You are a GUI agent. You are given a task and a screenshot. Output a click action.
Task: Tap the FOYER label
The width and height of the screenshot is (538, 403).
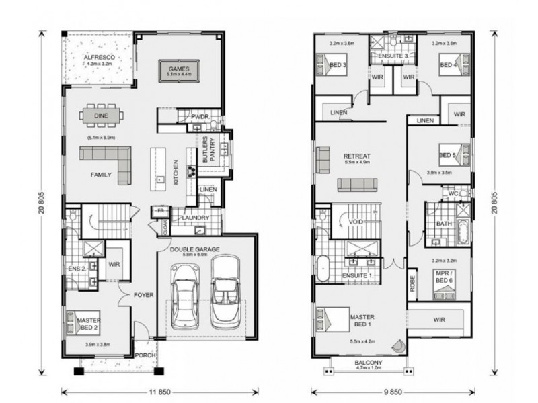coord(143,295)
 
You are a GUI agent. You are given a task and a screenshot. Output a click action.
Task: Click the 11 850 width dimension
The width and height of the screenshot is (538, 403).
coord(157,391)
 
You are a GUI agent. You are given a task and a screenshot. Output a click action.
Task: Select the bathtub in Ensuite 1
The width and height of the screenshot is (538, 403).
coord(323,266)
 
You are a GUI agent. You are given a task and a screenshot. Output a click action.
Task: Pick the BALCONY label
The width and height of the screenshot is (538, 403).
coord(369,364)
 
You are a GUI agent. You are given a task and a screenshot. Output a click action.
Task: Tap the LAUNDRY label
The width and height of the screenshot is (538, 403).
coord(194,218)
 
